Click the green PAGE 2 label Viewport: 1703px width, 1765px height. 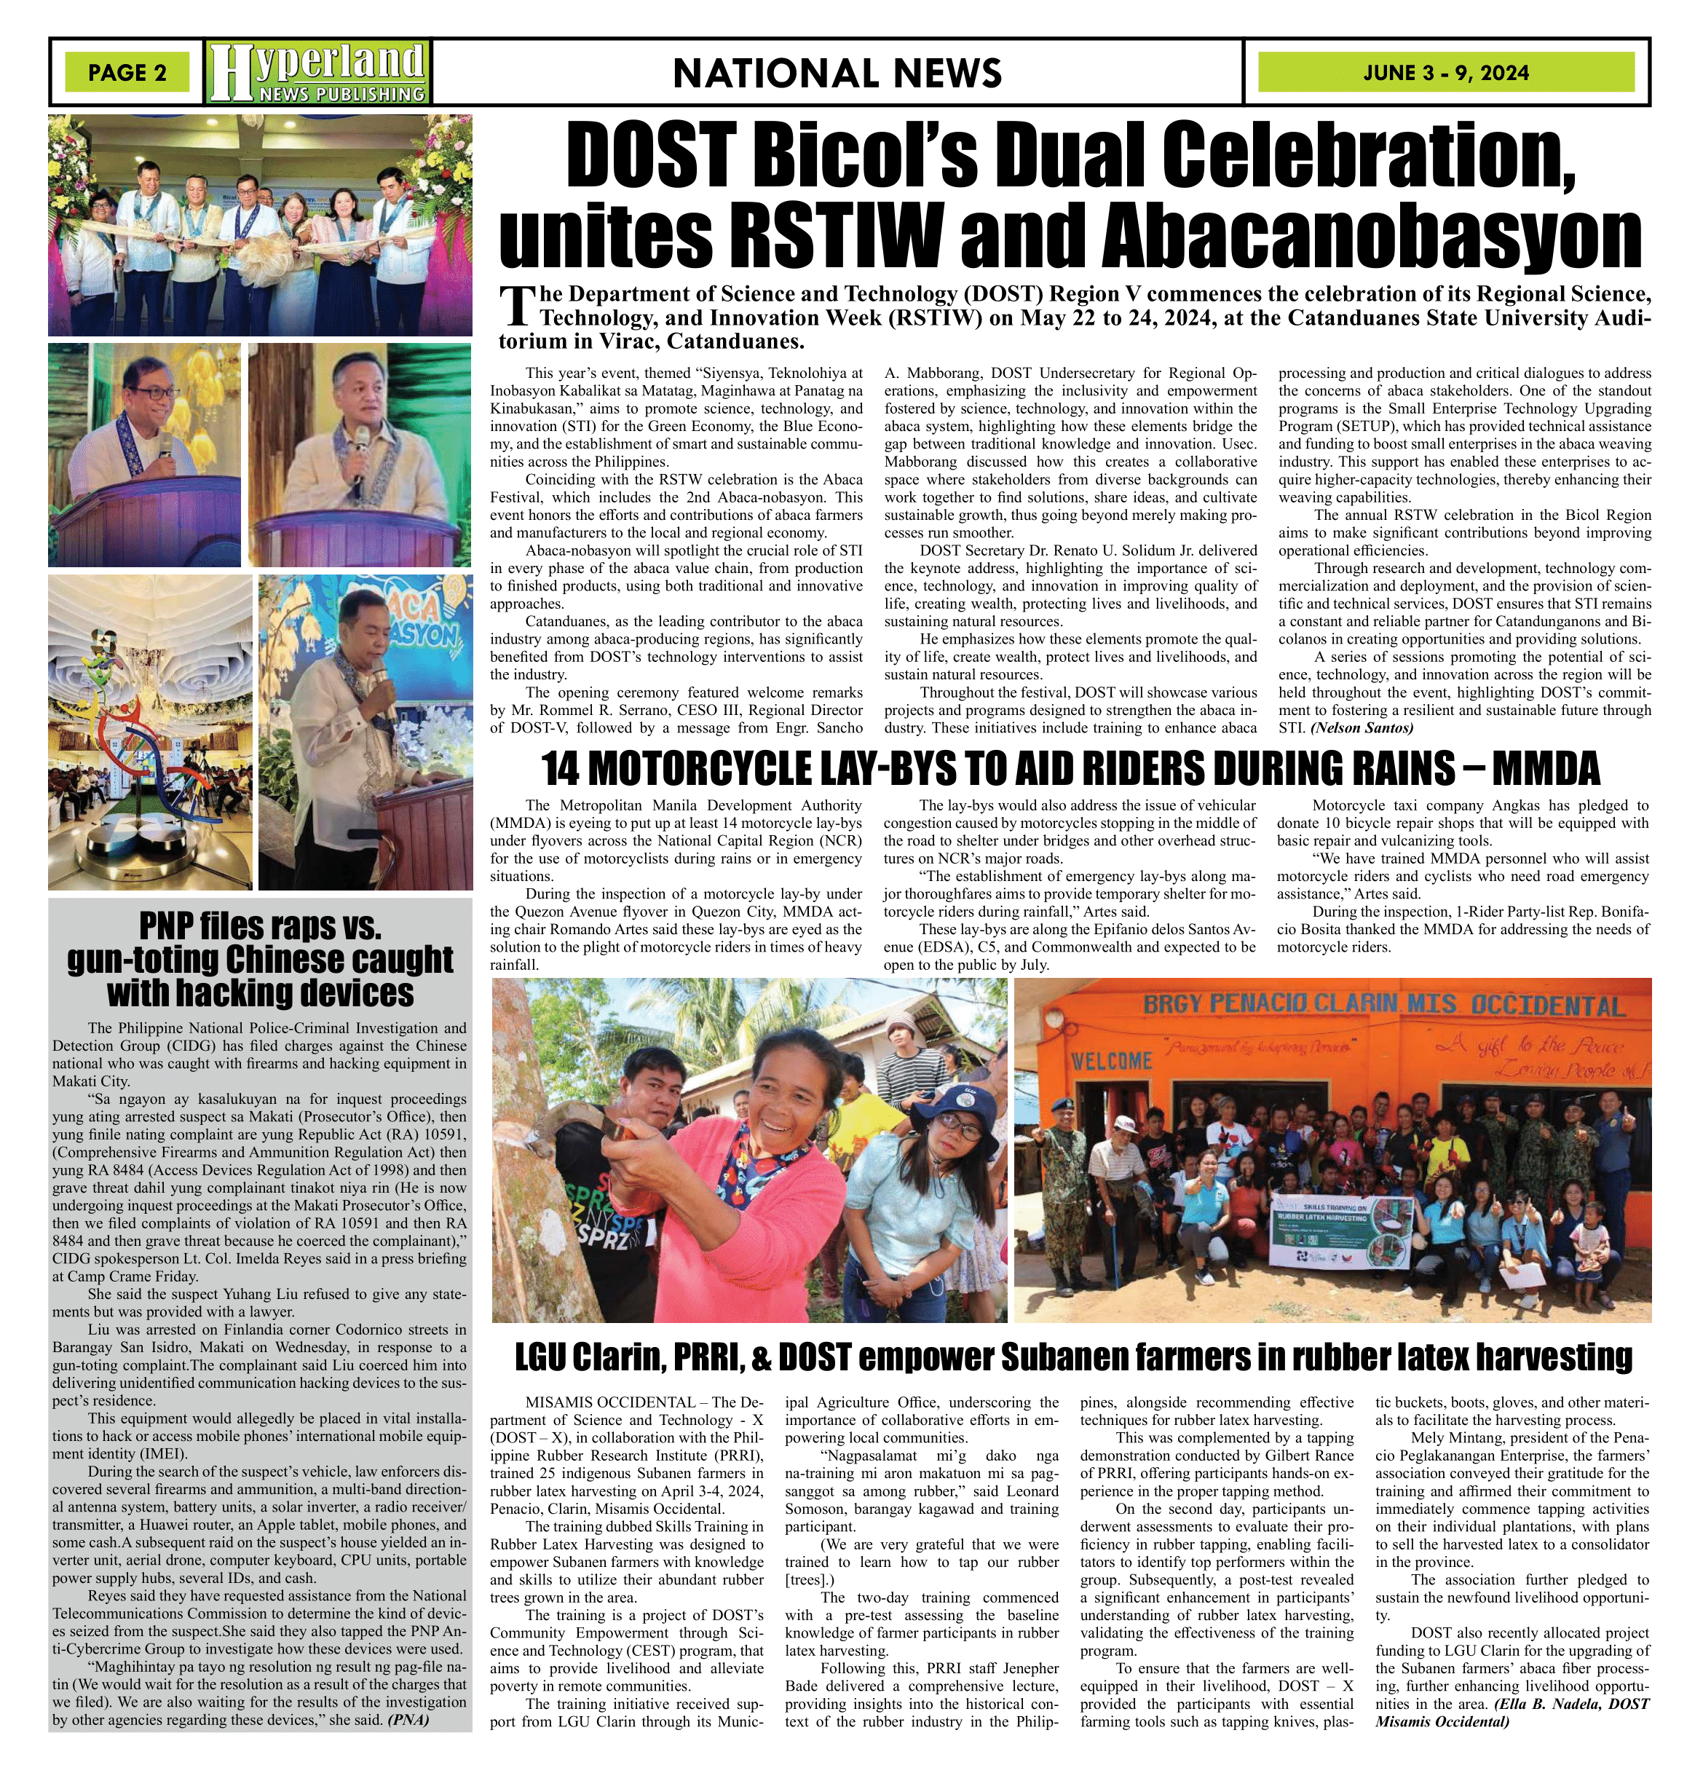pos(127,73)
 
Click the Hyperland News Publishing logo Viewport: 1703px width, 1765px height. pos(318,71)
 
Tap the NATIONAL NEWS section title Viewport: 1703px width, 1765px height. pos(837,73)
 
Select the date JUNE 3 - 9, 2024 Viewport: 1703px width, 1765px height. pos(1445,73)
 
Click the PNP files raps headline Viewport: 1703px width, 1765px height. pos(260,959)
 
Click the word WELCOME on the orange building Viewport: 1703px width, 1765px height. pos(1111,1060)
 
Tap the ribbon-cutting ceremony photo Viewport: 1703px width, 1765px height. pos(260,224)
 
